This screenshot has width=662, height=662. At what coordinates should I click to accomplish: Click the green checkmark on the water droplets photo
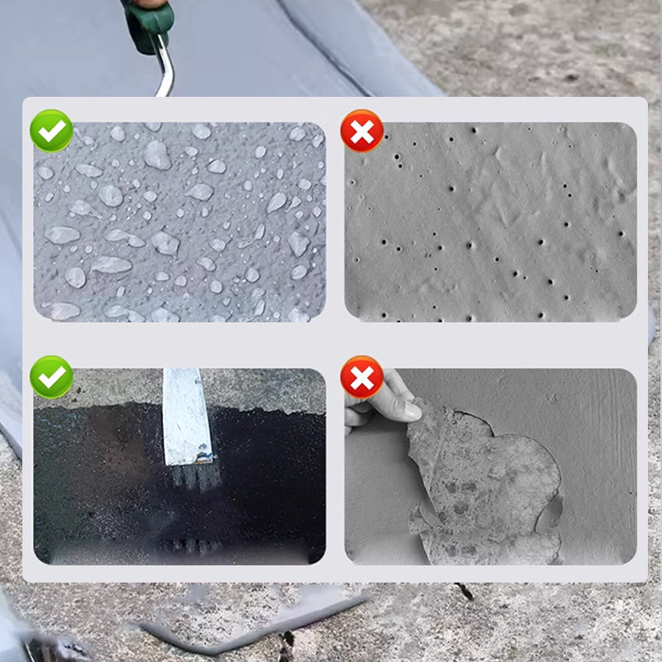(x=51, y=131)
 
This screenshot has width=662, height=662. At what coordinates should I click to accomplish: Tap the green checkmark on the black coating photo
(x=51, y=377)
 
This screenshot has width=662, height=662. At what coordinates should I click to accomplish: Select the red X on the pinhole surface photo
(x=362, y=131)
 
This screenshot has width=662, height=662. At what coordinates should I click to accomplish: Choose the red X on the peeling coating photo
(x=362, y=377)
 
